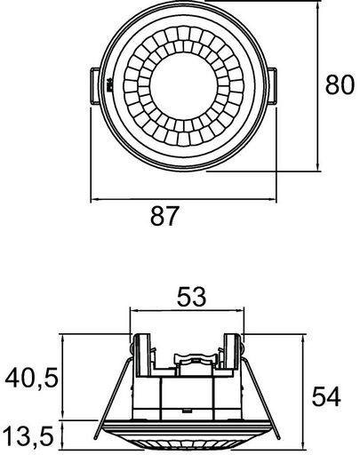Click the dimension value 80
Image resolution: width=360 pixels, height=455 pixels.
(340, 84)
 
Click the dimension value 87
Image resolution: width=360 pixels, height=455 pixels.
(164, 216)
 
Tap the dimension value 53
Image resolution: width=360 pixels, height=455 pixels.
(191, 297)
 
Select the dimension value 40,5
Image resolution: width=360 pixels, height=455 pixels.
(31, 379)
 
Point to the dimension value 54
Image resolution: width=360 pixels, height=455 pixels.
(326, 397)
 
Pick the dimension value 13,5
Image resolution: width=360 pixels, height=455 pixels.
(29, 436)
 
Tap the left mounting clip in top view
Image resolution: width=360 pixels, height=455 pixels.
(95, 86)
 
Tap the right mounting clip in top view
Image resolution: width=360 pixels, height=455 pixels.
(272, 86)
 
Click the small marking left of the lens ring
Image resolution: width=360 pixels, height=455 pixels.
(109, 84)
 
